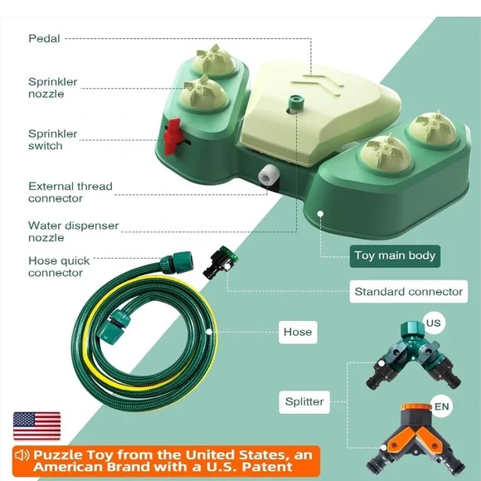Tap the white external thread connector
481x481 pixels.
(268, 174)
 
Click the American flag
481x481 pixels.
(36, 425)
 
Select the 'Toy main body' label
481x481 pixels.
(395, 255)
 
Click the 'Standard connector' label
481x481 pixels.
(408, 291)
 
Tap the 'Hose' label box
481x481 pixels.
(298, 332)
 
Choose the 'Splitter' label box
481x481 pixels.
(304, 402)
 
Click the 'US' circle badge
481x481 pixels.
(434, 323)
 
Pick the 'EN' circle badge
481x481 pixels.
(441, 406)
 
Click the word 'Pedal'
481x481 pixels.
(44, 39)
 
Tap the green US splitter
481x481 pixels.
(415, 355)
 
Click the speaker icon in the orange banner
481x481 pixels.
(22, 455)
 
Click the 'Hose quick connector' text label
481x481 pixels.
(59, 267)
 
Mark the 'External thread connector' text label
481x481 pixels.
(70, 192)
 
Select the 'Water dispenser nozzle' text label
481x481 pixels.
(73, 231)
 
